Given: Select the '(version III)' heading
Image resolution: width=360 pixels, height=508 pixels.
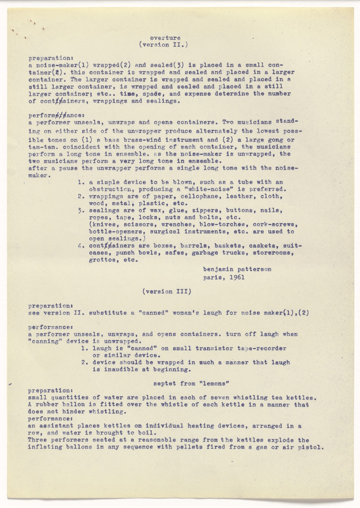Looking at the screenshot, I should point(166,292).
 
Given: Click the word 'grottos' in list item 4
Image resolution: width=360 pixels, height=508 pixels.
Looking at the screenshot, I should point(103,259).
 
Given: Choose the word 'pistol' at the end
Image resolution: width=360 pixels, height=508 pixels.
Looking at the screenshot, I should point(312,447).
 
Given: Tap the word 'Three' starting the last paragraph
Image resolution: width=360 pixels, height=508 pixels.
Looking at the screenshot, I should point(38,440).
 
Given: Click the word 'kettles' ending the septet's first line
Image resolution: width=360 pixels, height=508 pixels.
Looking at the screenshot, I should point(302,397).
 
